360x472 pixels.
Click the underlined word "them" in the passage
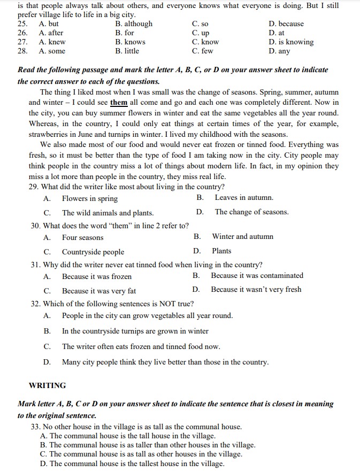[x=118, y=102]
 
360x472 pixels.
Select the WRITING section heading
[x=47, y=385]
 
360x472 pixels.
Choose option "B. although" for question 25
[x=134, y=24]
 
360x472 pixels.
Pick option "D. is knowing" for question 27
[x=291, y=42]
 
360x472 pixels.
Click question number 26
[x=22, y=33]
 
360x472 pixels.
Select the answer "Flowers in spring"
[x=89, y=199]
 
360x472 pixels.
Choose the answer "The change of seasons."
[x=251, y=212]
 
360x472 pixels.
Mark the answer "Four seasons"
[x=82, y=237]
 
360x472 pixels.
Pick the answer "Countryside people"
[x=93, y=252]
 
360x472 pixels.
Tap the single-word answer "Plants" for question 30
[x=221, y=251]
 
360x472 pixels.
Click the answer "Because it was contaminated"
[x=257, y=276]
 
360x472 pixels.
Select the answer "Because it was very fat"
[x=98, y=291]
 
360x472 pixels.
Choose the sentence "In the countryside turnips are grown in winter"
[x=135, y=331]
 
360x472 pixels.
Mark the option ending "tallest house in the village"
[x=132, y=463]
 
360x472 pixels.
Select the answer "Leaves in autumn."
[x=244, y=198]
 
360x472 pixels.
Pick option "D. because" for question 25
[x=286, y=24]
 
